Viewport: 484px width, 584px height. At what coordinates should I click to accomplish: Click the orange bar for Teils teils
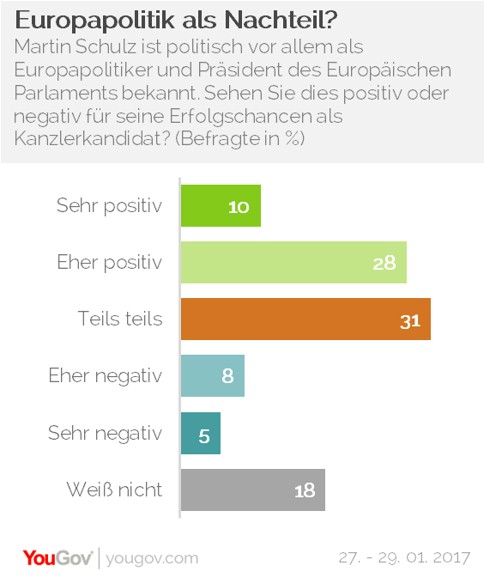tap(305, 319)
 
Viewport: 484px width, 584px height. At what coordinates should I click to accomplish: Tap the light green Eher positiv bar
tap(293, 262)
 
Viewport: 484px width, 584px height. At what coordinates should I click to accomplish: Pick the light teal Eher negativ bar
tap(212, 375)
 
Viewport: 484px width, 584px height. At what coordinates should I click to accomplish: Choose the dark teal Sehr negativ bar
tap(200, 434)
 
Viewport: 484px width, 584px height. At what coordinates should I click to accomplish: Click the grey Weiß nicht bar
tap(252, 490)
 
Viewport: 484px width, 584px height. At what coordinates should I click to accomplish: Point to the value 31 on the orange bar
tap(410, 319)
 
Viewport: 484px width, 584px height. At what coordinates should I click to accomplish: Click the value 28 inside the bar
tap(384, 263)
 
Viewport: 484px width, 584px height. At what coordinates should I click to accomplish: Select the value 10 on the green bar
tap(239, 207)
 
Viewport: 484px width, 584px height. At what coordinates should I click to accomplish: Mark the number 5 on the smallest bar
tap(204, 435)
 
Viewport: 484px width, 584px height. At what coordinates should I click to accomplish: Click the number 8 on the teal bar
tap(227, 376)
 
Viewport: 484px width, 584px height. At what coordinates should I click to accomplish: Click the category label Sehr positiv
tap(109, 206)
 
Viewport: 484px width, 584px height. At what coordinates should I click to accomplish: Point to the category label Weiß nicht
tap(114, 490)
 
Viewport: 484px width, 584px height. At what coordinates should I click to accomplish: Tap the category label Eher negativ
tap(105, 375)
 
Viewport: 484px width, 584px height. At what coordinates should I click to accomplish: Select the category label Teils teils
tap(119, 319)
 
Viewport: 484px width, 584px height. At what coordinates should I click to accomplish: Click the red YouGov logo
tap(58, 557)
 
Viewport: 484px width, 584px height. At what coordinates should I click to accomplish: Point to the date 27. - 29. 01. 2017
tap(403, 558)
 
